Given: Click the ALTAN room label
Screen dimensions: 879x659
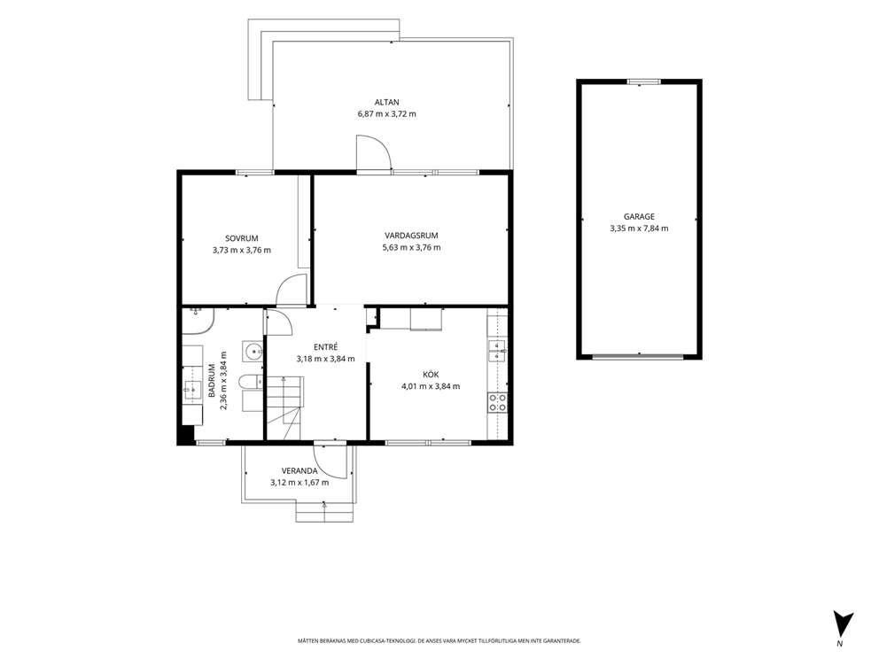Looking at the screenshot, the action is coord(387,102).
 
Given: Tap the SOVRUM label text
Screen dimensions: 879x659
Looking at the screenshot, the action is coord(242,238).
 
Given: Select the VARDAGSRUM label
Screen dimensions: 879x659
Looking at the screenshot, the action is coord(411,236).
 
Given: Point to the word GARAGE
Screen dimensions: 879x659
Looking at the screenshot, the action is coord(639,216).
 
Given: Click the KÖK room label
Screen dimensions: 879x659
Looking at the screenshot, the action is coord(431,375).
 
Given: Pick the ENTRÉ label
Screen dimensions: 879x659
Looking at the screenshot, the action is coord(326,347).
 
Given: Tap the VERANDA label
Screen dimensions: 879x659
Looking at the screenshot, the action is coord(299,470).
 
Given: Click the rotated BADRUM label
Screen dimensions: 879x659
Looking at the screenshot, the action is coord(212,381).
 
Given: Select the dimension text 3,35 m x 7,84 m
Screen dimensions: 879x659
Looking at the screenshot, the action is coord(639,228).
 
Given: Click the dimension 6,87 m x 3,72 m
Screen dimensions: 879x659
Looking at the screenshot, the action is coord(387,113).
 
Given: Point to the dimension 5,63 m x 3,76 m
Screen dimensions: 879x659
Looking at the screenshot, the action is coord(411,247).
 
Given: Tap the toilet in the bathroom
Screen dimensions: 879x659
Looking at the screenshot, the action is coord(250,382).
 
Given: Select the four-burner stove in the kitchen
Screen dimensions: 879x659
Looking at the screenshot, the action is coord(498,402).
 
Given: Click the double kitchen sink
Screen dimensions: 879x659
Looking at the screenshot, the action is coord(497,351).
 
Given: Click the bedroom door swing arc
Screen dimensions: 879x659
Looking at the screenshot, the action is coord(292,291).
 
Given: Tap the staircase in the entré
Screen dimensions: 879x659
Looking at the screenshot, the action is coord(284,408).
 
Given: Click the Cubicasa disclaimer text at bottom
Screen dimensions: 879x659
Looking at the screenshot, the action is coord(439,640).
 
